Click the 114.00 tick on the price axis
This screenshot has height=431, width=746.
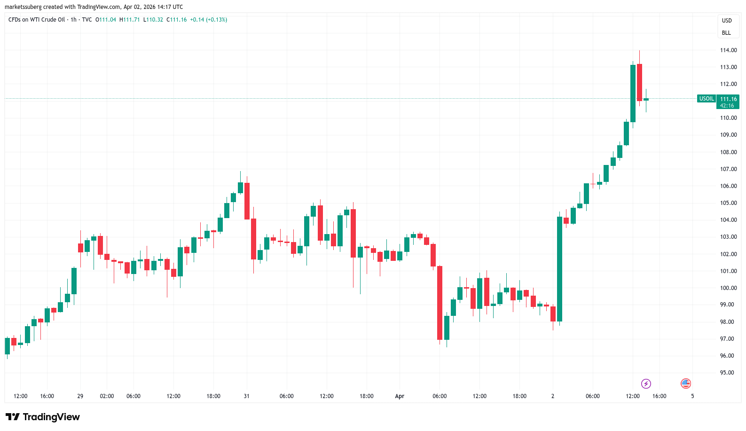pos(728,50)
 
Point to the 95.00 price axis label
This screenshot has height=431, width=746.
pos(727,373)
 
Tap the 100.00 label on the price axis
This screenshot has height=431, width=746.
pos(728,288)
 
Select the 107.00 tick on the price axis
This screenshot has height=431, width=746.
pos(728,169)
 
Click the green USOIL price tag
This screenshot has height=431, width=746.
pos(707,99)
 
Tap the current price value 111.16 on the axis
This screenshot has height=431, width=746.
pos(728,99)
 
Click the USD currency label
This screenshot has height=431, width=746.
pos(727,21)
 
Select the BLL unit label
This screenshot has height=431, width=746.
pos(726,33)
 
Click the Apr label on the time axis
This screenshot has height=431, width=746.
pos(400,396)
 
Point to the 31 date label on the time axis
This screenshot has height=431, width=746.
pos(246,396)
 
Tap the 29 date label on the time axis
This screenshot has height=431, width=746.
pos(80,396)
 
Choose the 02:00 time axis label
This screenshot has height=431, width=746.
pos(107,396)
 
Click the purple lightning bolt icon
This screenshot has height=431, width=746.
pos(646,384)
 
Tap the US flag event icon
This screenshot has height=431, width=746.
pos(686,384)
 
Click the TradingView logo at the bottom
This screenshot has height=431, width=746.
pos(43,417)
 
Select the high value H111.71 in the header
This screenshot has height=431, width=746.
pos(130,20)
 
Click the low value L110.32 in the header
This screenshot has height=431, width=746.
pos(153,20)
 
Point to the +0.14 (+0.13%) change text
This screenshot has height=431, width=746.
pos(208,20)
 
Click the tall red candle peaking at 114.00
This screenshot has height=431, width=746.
pos(639,82)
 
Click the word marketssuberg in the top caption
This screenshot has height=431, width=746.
pos(23,7)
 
